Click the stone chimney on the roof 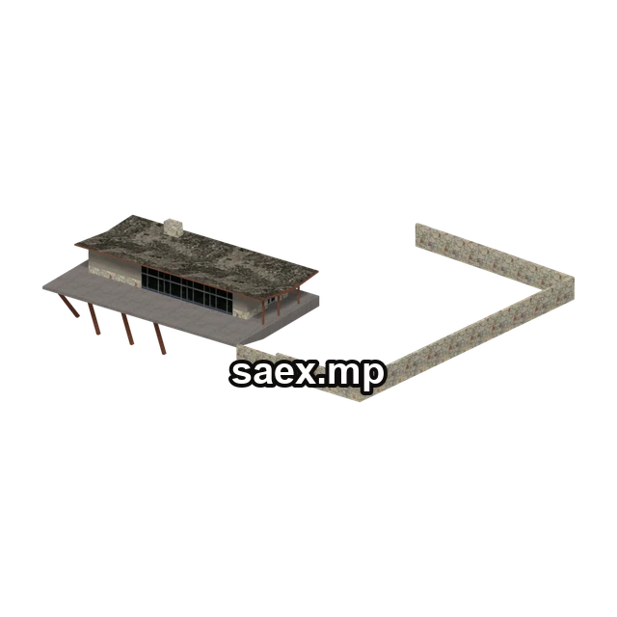(x=174, y=228)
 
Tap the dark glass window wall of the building (x=187, y=289)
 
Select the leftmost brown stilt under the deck (x=68, y=306)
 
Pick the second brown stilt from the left (x=94, y=319)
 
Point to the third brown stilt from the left (x=127, y=329)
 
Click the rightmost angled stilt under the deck (x=159, y=338)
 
